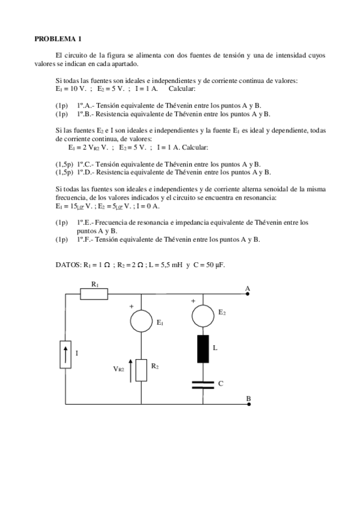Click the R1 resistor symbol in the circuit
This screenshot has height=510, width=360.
[x=94, y=293]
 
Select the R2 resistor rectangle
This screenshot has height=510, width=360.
[x=141, y=370]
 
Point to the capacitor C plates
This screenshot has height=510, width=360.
[x=203, y=382]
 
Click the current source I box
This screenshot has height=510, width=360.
[x=65, y=354]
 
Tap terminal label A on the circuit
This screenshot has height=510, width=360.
[x=247, y=289]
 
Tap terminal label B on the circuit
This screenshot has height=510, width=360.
[x=248, y=399]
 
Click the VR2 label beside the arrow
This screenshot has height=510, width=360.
[x=118, y=369]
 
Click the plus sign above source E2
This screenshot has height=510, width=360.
[x=193, y=300]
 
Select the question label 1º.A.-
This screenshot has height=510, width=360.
[x=86, y=105]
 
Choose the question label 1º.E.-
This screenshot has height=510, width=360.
[x=86, y=223]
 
